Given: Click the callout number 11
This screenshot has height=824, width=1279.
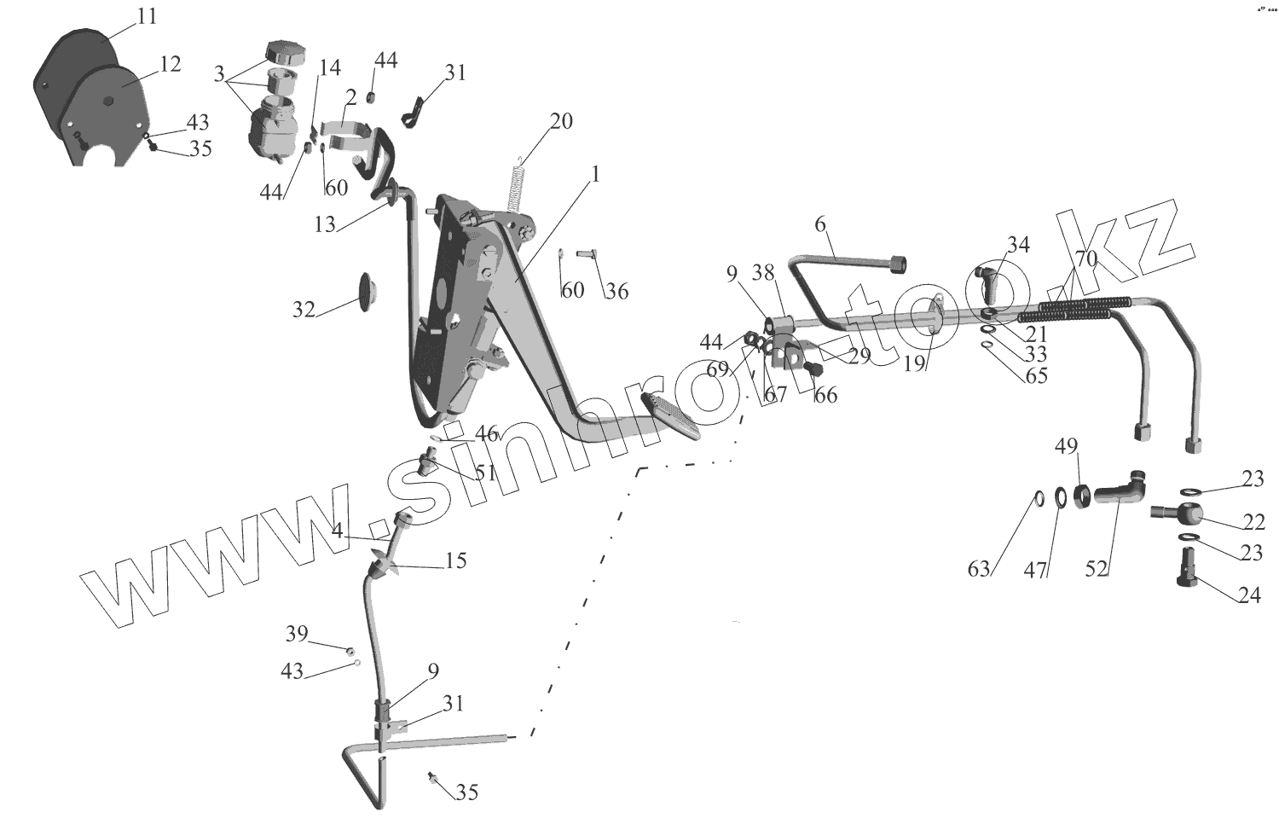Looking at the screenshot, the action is (x=147, y=16).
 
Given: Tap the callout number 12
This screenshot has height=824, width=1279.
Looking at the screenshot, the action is (x=169, y=64).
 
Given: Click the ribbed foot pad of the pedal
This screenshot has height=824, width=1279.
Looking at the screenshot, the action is (x=672, y=416).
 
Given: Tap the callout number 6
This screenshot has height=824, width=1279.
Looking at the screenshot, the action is (x=820, y=224).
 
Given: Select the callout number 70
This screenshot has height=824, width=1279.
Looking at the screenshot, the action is (x=1085, y=259).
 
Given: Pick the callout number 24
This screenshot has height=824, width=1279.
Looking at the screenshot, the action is (x=1248, y=595).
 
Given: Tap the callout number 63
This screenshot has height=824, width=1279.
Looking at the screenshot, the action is (x=979, y=568).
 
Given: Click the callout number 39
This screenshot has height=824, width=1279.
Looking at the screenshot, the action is (x=296, y=634).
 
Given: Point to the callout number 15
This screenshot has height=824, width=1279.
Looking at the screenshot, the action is (x=456, y=562).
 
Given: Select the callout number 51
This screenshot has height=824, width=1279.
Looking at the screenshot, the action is (x=485, y=472).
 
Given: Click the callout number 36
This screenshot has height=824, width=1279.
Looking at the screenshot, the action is (x=616, y=291).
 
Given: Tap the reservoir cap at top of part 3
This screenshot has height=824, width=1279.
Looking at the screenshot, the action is (x=279, y=50).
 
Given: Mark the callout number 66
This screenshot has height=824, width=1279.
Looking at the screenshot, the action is (x=825, y=395).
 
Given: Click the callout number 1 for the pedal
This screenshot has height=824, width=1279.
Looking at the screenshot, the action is (x=595, y=175).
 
